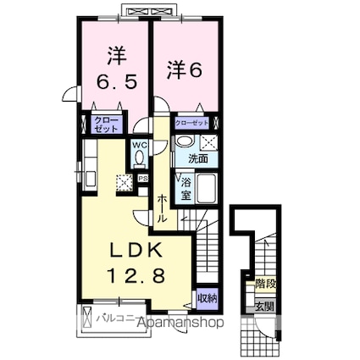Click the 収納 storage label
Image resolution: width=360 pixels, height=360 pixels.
click(207, 297)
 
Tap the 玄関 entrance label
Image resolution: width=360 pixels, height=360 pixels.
click(265, 307)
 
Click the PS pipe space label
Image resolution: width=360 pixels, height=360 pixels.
click(142, 179)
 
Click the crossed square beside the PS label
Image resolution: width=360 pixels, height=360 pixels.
click(125, 180)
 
